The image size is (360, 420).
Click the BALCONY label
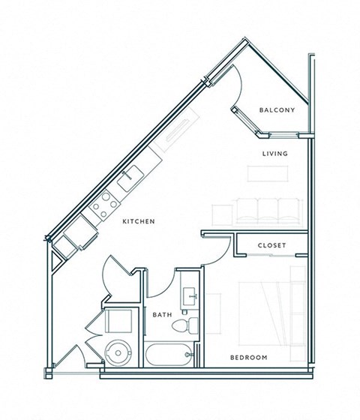[277, 110]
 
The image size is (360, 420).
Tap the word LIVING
[274, 154]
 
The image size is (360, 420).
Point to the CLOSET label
[271, 245]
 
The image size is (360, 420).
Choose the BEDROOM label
[249, 358]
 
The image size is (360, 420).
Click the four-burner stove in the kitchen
[102, 202]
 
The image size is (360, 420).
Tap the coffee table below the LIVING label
[268, 172]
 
